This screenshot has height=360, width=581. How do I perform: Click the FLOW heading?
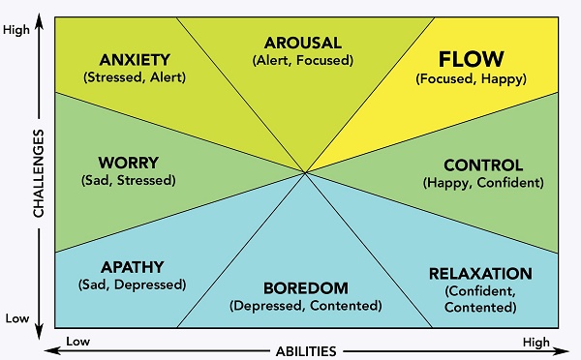pyautogui.click(x=471, y=59)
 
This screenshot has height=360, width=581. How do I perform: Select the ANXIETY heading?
pyautogui.click(x=135, y=60)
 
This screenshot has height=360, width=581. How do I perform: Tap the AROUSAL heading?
pyautogui.click(x=303, y=43)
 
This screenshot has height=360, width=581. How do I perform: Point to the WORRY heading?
pyautogui.click(x=129, y=163)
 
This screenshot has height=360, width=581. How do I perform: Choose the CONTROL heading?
pyautogui.click(x=483, y=165)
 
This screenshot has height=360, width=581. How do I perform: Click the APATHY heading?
pyautogui.click(x=133, y=267)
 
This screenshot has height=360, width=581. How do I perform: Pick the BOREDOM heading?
pyautogui.click(x=306, y=288)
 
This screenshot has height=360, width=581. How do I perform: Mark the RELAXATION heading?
pyautogui.click(x=480, y=274)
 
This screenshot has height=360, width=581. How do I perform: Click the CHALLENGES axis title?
pyautogui.click(x=39, y=173)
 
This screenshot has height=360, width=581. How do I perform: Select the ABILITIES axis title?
pyautogui.click(x=306, y=351)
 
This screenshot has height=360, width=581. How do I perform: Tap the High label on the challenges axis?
pyautogui.click(x=16, y=30)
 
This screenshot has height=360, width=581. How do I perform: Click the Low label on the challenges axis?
pyautogui.click(x=17, y=318)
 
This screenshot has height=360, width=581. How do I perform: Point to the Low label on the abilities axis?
pyautogui.click(x=77, y=341)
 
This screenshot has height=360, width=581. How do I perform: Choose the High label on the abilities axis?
pyautogui.click(x=536, y=343)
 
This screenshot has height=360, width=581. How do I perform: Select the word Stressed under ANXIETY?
pyautogui.click(x=115, y=77)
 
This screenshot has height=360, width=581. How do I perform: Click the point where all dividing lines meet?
pyautogui.click(x=305, y=172)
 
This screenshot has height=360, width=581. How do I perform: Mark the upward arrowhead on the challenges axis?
pyautogui.click(x=39, y=22)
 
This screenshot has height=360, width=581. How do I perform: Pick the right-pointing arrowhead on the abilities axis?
pyautogui.click(x=562, y=350)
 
